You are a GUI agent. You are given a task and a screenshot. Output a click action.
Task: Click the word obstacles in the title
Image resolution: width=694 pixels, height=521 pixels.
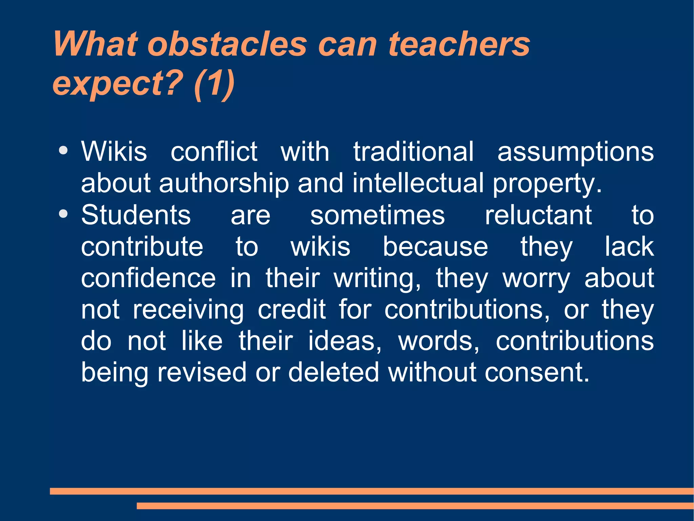[x=227, y=44]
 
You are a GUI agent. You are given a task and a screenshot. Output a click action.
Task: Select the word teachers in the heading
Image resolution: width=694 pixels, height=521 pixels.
[x=459, y=44]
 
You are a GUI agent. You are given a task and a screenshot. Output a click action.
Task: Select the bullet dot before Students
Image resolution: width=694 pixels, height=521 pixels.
[x=63, y=213]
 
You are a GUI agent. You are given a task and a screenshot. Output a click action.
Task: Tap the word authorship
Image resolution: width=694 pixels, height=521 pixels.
[x=224, y=184]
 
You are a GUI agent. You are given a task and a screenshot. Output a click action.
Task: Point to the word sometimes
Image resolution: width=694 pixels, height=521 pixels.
[x=377, y=215]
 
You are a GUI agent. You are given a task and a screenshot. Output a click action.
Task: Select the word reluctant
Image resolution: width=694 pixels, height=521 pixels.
[x=538, y=215]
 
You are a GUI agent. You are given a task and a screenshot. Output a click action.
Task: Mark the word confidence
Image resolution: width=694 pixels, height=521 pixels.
[x=148, y=278]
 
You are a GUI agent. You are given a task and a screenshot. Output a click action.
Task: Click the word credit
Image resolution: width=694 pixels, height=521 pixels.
[x=291, y=309]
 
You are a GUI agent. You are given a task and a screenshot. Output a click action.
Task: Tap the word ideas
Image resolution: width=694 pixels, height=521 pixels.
[x=344, y=341]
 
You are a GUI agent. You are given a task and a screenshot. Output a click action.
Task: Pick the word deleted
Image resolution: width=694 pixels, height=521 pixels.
[x=333, y=372]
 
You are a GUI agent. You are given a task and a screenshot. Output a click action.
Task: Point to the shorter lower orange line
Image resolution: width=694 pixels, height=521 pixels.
[x=415, y=506]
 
